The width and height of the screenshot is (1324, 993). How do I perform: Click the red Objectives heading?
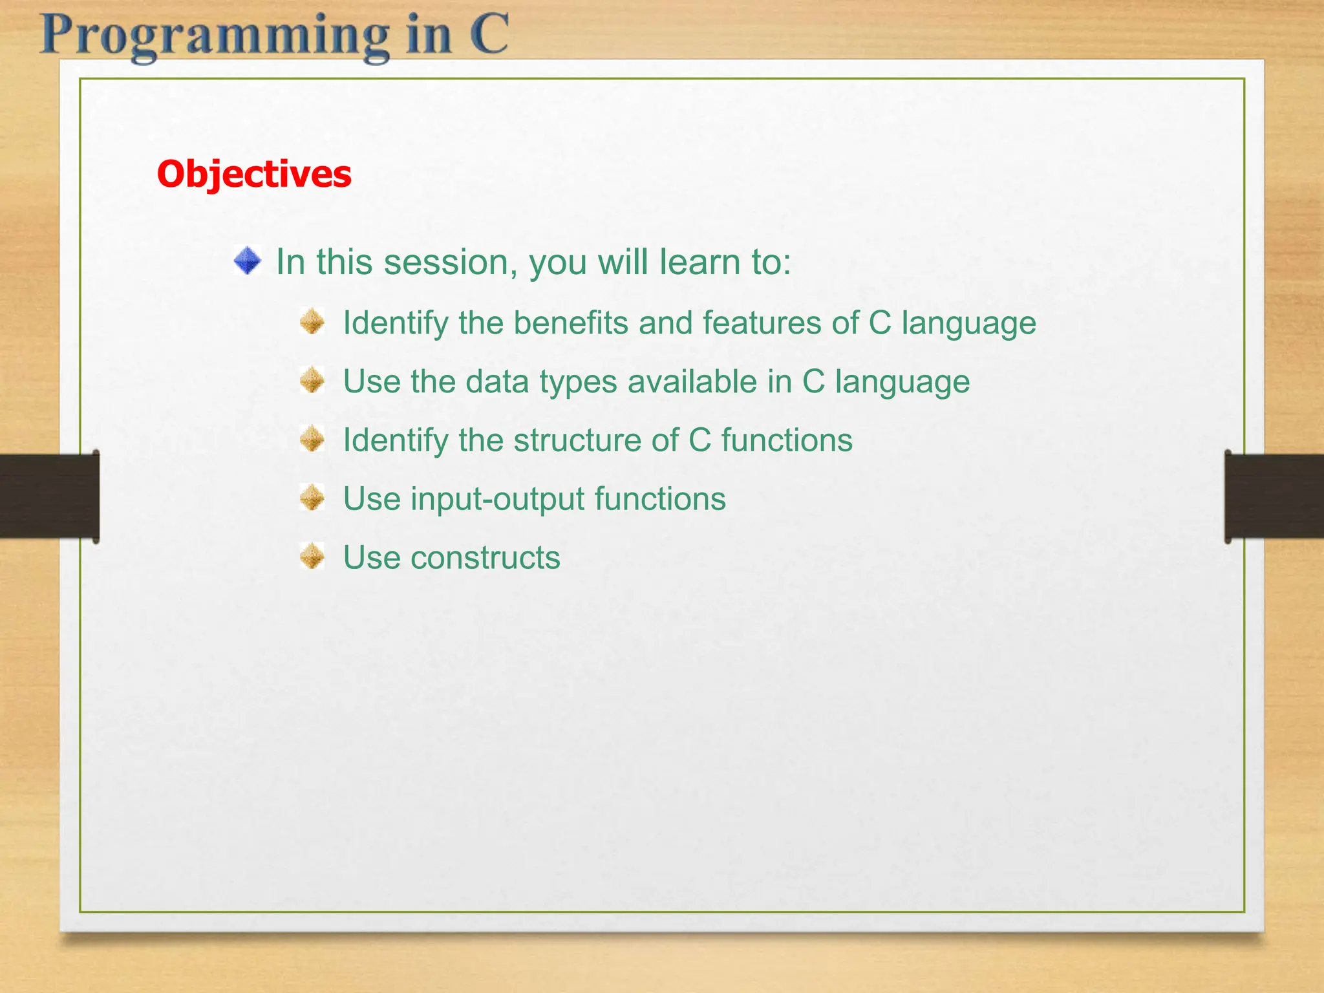click(x=254, y=175)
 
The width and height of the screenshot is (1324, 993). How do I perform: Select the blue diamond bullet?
click(x=248, y=261)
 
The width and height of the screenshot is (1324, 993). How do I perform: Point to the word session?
click(x=451, y=262)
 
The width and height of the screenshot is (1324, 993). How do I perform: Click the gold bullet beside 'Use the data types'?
click(x=312, y=380)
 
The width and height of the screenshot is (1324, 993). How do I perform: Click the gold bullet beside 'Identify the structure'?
click(x=312, y=439)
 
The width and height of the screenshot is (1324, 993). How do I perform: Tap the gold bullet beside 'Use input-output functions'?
click(x=312, y=498)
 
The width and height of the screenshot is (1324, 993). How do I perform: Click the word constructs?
click(x=486, y=558)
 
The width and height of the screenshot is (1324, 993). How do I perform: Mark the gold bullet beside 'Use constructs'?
click(x=312, y=556)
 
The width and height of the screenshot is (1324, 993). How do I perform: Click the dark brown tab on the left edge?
click(x=50, y=496)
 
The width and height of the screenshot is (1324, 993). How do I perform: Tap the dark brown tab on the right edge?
click(x=1274, y=496)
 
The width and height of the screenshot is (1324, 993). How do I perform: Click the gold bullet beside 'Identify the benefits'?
click(x=312, y=321)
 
